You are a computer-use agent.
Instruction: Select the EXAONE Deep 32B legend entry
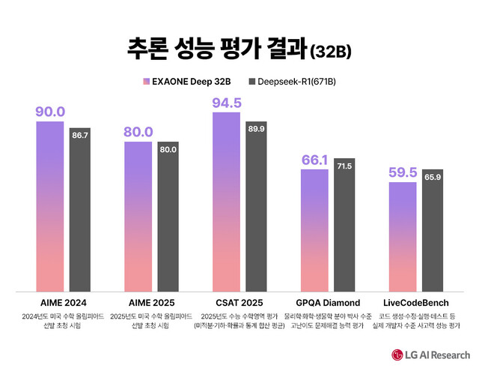[x=191, y=80]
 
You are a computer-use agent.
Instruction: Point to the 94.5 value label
[x=227, y=103]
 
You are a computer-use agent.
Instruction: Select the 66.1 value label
[x=315, y=160]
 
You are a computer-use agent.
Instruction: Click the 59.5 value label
[x=403, y=172]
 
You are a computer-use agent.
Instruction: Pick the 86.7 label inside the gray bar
[x=80, y=135]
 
